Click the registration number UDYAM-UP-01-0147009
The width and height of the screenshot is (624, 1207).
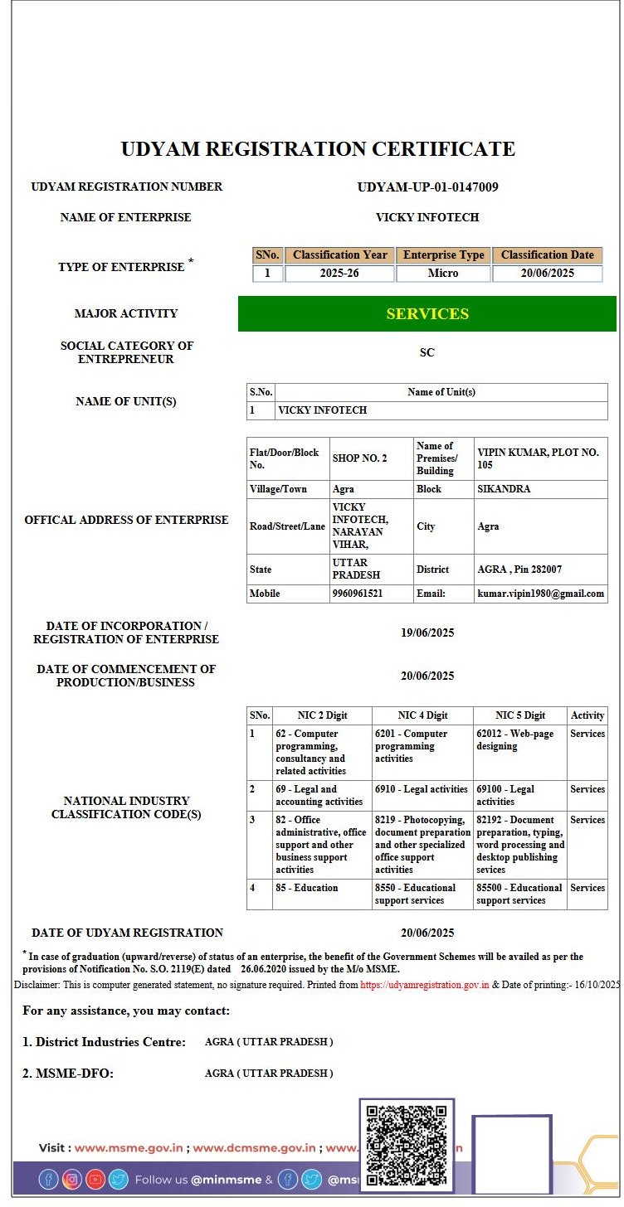coord(427,187)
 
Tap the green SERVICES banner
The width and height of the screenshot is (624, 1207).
coord(427,314)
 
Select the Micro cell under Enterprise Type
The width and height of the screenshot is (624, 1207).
coord(443,274)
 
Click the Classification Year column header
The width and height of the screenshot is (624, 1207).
coord(339,255)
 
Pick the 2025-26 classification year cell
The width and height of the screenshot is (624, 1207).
coord(339,274)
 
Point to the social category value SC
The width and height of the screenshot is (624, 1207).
coord(427,352)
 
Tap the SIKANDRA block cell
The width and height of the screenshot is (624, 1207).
coord(504,489)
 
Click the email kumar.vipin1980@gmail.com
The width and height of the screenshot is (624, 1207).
coord(541,594)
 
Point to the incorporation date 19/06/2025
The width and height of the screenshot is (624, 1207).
coord(427,633)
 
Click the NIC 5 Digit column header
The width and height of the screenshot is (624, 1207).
coord(520,715)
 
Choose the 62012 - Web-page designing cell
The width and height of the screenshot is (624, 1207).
coord(514,740)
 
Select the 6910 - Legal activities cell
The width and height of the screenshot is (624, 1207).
coord(422,789)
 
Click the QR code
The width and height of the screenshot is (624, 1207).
coord(407,1145)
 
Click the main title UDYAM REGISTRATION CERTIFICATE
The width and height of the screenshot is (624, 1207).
coord(318,149)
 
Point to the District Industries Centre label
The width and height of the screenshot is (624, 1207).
coord(104,1042)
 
